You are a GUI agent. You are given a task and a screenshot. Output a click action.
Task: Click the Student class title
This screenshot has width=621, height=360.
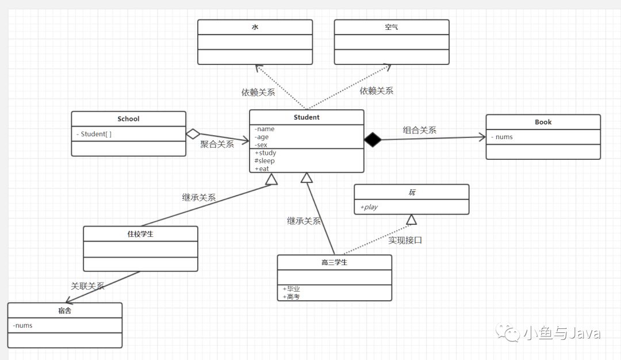coord(306,117)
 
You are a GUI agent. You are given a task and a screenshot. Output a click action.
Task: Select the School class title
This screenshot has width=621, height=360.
coord(128,119)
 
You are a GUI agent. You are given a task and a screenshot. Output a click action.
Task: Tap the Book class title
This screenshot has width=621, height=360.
coord(543,122)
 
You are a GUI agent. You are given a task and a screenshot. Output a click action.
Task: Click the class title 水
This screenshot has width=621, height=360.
coord(255,27)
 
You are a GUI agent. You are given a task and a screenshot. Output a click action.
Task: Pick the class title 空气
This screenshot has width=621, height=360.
coord(392,27)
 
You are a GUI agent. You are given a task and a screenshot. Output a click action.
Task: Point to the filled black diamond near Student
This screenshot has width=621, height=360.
coord(373,139)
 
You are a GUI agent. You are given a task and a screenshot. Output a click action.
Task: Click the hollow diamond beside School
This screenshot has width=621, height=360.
coord(193,134)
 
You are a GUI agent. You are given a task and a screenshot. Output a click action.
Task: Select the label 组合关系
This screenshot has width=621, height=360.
coord(419,130)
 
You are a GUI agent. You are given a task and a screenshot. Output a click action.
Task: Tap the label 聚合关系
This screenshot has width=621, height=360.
coord(217,144)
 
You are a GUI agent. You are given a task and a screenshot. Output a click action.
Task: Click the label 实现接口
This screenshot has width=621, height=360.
coord(405,240)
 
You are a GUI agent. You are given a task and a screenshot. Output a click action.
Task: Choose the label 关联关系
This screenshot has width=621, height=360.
coord(87,286)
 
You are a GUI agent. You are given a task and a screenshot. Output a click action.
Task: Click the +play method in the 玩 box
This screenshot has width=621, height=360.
coord(369,207)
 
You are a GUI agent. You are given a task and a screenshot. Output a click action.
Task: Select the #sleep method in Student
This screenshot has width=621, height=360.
coord(264,161)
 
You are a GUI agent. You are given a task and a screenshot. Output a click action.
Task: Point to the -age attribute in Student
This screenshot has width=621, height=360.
coord(262,137)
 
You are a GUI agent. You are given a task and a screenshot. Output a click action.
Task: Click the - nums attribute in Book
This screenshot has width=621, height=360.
coord(502,137)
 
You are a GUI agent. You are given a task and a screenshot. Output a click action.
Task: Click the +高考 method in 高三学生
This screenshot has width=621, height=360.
coord(291,297)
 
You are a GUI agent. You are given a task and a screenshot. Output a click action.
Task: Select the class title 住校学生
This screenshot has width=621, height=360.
coord(140,234)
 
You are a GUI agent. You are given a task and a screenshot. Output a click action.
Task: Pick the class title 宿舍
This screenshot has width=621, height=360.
coord(64,311)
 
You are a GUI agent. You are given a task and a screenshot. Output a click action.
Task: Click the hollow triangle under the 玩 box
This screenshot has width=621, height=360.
coord(412,220)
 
